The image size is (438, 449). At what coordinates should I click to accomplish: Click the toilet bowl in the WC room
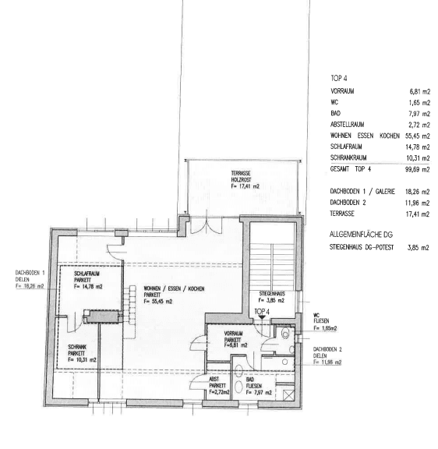tap(285, 334)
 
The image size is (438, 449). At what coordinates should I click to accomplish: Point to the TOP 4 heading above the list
tap(339, 79)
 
